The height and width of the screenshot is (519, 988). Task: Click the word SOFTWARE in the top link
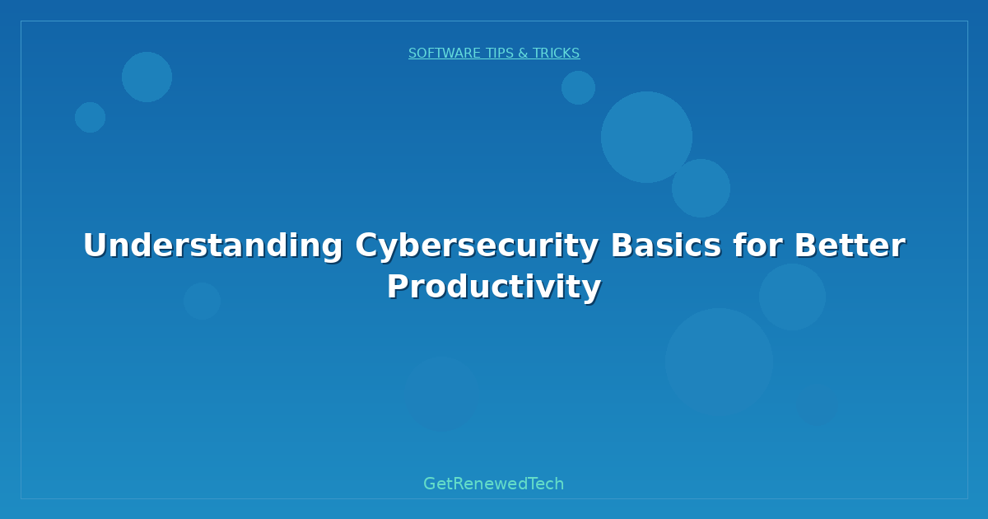tap(445, 54)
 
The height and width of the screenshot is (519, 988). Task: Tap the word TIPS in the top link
tap(500, 54)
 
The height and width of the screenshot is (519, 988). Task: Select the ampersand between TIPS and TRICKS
tap(523, 54)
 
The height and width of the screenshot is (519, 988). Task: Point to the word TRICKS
tap(556, 54)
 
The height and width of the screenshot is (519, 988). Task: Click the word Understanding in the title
tap(212, 245)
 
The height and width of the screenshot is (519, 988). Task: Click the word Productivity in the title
tap(494, 287)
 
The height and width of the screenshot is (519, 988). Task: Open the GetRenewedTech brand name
tap(494, 484)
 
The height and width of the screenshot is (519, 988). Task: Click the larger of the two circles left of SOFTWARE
tap(147, 77)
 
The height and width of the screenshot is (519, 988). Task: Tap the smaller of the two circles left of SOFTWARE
tap(90, 117)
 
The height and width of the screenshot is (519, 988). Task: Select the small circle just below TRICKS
tap(578, 87)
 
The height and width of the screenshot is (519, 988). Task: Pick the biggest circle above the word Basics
tap(646, 137)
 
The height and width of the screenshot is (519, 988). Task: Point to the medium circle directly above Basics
tap(701, 188)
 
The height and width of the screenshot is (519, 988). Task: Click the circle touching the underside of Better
tap(792, 297)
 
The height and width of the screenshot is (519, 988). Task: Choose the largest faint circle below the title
tap(719, 361)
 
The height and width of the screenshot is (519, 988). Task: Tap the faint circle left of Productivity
tap(202, 301)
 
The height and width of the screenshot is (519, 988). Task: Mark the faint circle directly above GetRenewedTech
tap(441, 394)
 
